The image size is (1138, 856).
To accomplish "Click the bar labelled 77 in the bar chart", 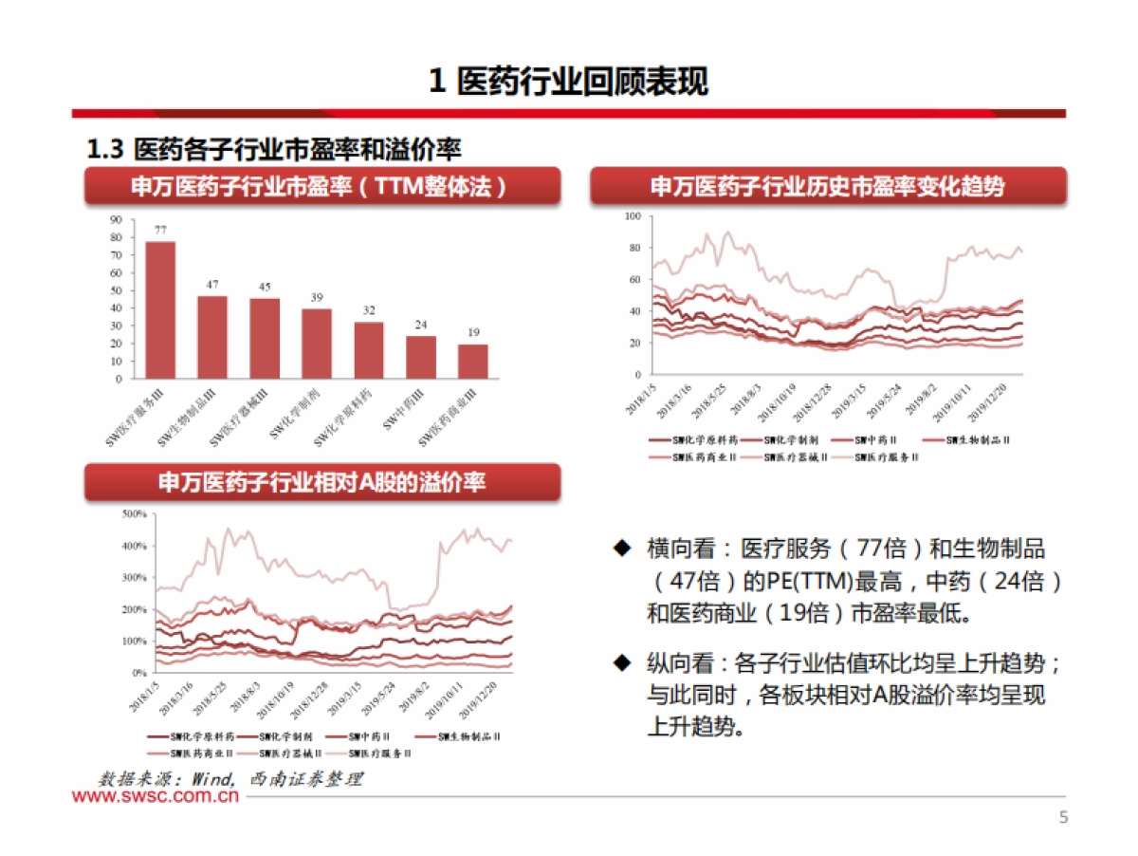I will coord(160,309).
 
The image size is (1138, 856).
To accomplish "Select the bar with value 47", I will coord(212,337).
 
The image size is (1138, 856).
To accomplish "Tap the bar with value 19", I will coord(473,361).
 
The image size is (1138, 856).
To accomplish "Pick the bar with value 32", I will coord(369,350).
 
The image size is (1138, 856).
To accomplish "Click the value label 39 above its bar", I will coord(317,298).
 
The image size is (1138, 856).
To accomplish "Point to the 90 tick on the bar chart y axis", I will coord(117,219).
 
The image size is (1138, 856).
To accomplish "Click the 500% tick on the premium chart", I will coord(133,514).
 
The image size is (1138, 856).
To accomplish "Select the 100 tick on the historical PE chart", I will coord(633,217).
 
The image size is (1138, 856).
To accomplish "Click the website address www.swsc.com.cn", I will coord(156,798).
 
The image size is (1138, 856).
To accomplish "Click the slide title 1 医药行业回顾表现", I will coord(568,82).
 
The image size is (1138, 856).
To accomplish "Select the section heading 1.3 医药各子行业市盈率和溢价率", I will coord(274,149).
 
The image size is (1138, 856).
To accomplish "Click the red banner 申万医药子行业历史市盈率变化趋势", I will coord(827,187).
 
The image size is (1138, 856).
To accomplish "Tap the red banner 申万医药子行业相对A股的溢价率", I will coord(322,483).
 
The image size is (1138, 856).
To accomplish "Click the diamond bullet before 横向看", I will coord(622,548).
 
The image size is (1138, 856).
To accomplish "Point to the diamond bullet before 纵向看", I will coord(622,661).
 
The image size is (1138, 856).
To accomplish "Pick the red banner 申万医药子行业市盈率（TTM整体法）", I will coord(322,187).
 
